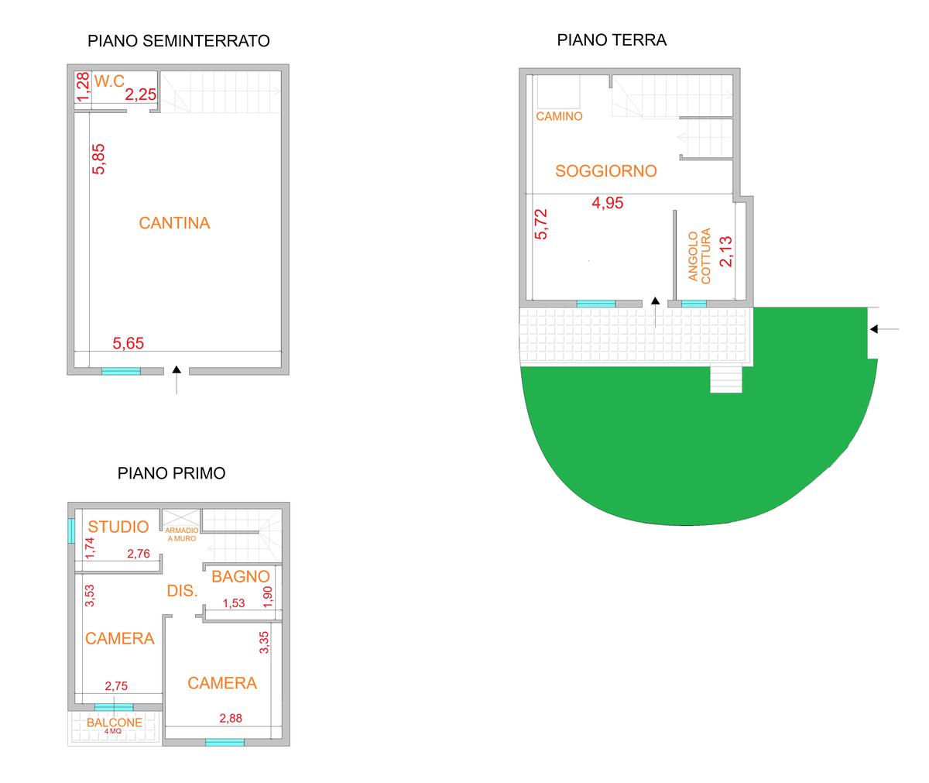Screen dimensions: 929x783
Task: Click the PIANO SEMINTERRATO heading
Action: point(179,41)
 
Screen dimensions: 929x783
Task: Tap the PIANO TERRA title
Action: point(612,40)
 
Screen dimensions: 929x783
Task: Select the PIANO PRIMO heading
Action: point(171,472)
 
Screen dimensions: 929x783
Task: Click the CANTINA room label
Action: point(174,223)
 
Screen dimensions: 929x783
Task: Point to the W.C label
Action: point(109,81)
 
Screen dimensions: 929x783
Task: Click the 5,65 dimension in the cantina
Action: point(129,342)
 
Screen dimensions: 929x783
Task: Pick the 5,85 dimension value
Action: point(98,159)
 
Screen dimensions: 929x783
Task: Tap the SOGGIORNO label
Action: point(606,171)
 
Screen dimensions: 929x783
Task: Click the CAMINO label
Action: point(559,117)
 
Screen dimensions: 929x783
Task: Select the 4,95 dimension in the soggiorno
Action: point(607,204)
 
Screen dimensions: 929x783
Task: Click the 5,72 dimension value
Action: point(541,225)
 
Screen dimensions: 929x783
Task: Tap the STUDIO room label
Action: point(118,527)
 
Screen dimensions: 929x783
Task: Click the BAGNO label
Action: point(241,576)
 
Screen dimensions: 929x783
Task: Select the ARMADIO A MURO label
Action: point(181,534)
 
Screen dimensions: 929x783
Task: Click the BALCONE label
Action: point(115,723)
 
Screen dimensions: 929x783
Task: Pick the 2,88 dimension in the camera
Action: point(231,718)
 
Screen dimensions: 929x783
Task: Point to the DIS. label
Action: point(183,591)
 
